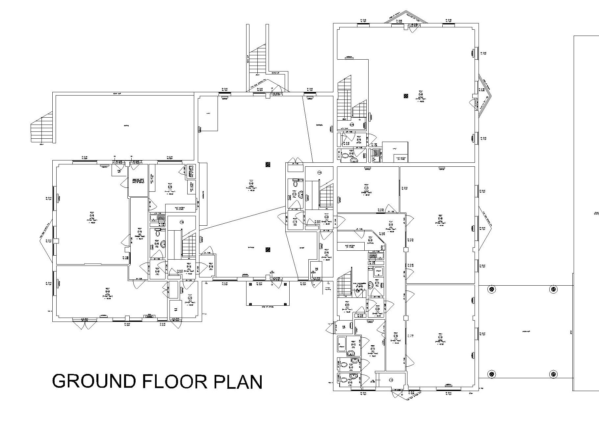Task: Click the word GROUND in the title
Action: point(94,382)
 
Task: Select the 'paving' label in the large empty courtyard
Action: point(126,126)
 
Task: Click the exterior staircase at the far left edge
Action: point(42,127)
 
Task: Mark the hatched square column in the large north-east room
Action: point(405,96)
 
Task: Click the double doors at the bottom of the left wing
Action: point(82,325)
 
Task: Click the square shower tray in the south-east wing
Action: point(378,271)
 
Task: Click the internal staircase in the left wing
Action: point(189,245)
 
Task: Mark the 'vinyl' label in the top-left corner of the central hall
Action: point(208,114)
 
